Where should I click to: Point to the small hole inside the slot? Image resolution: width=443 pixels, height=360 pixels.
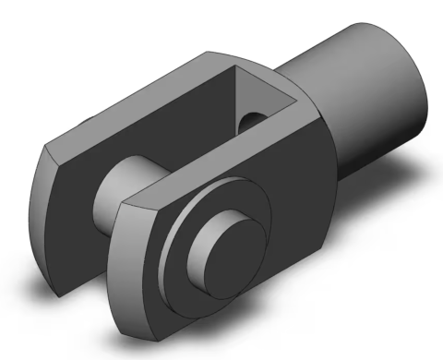click(x=251, y=119)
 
